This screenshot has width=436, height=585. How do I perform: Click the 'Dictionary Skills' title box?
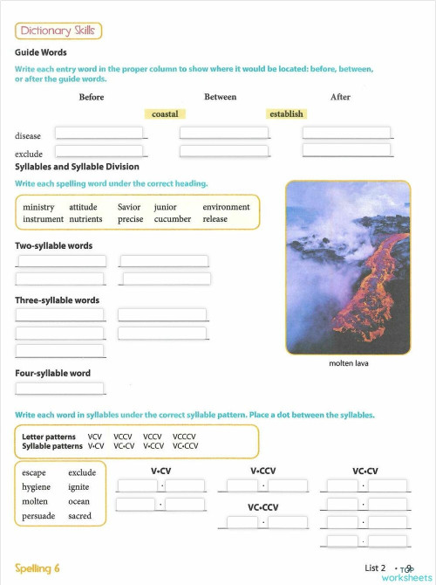coord(58,31)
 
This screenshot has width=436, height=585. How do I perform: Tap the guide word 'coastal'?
coord(165,114)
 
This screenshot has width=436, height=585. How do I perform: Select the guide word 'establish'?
coord(286,114)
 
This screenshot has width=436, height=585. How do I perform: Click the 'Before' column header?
coord(92,97)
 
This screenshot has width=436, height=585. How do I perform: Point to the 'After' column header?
coord(340,97)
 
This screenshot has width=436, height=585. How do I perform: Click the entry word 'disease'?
coord(28,136)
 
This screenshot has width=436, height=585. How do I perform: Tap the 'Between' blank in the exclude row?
coord(224,151)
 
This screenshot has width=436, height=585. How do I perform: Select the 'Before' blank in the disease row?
coord(99,134)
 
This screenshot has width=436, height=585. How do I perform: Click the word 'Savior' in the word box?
coord(129,207)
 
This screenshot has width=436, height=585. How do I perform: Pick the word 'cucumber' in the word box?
coord(173,219)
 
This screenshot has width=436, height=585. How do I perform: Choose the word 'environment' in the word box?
coord(226,207)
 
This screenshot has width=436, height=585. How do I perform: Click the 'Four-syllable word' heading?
coord(52,374)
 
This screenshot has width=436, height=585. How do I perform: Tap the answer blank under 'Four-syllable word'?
coord(60,389)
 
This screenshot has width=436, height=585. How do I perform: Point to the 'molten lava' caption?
coord(348,363)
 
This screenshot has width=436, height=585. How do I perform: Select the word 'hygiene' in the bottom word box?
coord(37,487)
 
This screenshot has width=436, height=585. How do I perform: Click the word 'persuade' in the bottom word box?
coord(38,516)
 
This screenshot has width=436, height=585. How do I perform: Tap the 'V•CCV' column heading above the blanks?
coord(262,471)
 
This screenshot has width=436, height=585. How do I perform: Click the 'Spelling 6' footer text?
coord(37,568)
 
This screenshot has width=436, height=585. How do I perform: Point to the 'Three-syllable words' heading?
coord(57,300)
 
